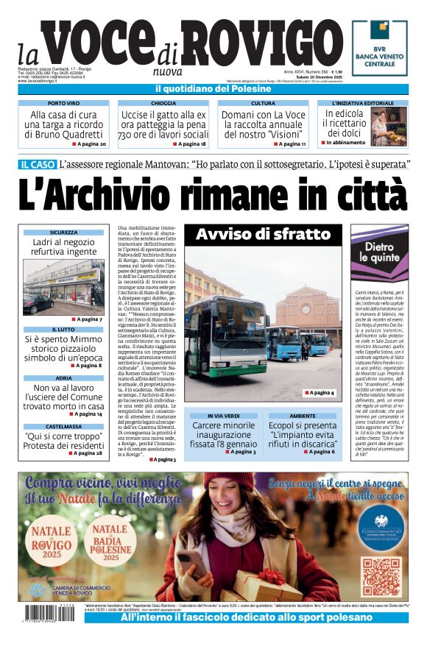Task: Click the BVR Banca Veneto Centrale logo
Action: [379, 49]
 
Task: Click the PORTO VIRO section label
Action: [64, 104]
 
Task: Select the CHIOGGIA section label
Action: [163, 104]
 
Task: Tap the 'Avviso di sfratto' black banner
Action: [262, 235]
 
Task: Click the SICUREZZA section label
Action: [64, 233]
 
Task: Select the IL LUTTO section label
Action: [64, 330]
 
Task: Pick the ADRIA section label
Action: [64, 377]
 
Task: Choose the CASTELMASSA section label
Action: [64, 426]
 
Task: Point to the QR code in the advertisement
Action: [380, 578]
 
